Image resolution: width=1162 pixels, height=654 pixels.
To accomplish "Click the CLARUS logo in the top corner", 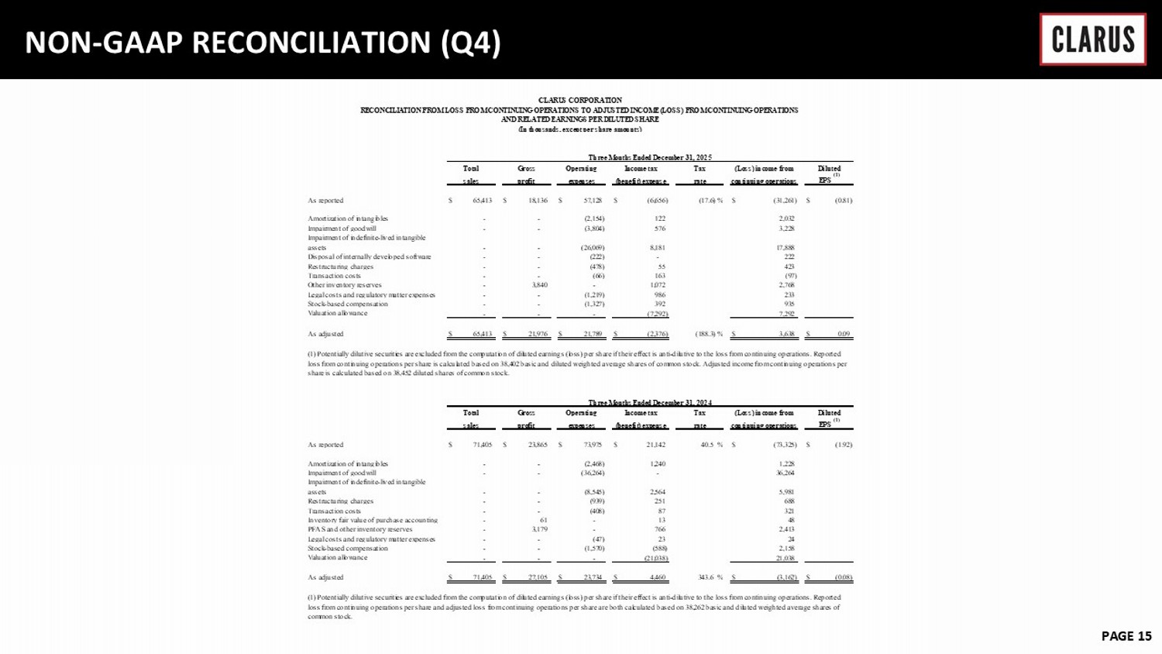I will coord(1092,40).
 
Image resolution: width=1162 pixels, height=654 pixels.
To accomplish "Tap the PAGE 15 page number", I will coord(1126,636).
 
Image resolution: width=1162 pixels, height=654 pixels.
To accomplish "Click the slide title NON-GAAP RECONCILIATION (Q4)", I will coord(263,42).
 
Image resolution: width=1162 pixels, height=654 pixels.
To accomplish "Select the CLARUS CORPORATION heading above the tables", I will coord(579,100).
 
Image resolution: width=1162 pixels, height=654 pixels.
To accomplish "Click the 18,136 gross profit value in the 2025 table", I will coord(536,201).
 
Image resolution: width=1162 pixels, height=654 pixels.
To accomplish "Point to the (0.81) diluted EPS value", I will coord(843,201).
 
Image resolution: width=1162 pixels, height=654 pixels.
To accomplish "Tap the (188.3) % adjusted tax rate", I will coord(708,335).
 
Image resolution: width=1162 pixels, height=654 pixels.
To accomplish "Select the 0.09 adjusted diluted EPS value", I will coord(844,335).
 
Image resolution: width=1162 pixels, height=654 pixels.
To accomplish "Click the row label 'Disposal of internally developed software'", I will coord(370,257).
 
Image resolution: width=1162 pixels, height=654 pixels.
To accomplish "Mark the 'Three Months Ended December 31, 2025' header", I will coord(649,158).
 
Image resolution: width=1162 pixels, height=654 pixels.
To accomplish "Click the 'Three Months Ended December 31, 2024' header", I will coord(649,403).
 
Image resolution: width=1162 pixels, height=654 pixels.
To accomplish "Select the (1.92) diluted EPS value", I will coord(843,446).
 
